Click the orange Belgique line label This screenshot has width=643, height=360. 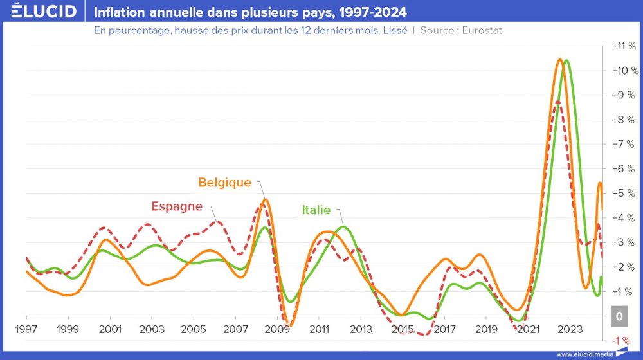(x=224, y=183)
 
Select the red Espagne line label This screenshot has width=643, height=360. (x=177, y=206)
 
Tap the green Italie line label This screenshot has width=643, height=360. (x=316, y=210)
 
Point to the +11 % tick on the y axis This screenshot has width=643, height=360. (x=623, y=46)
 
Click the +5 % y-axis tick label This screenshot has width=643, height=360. (x=623, y=193)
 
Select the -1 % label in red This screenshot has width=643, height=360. (x=621, y=340)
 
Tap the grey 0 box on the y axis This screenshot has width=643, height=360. (x=619, y=316)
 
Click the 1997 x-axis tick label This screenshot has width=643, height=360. (x=26, y=329)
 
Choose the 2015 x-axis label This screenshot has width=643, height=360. (x=402, y=329)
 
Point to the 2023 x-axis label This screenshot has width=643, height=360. (x=570, y=329)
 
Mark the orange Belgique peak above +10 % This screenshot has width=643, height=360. (x=560, y=60)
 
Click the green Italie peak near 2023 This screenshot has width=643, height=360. (x=566, y=60)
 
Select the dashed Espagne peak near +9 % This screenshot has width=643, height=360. (x=557, y=102)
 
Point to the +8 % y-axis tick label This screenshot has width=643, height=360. (x=623, y=120)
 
